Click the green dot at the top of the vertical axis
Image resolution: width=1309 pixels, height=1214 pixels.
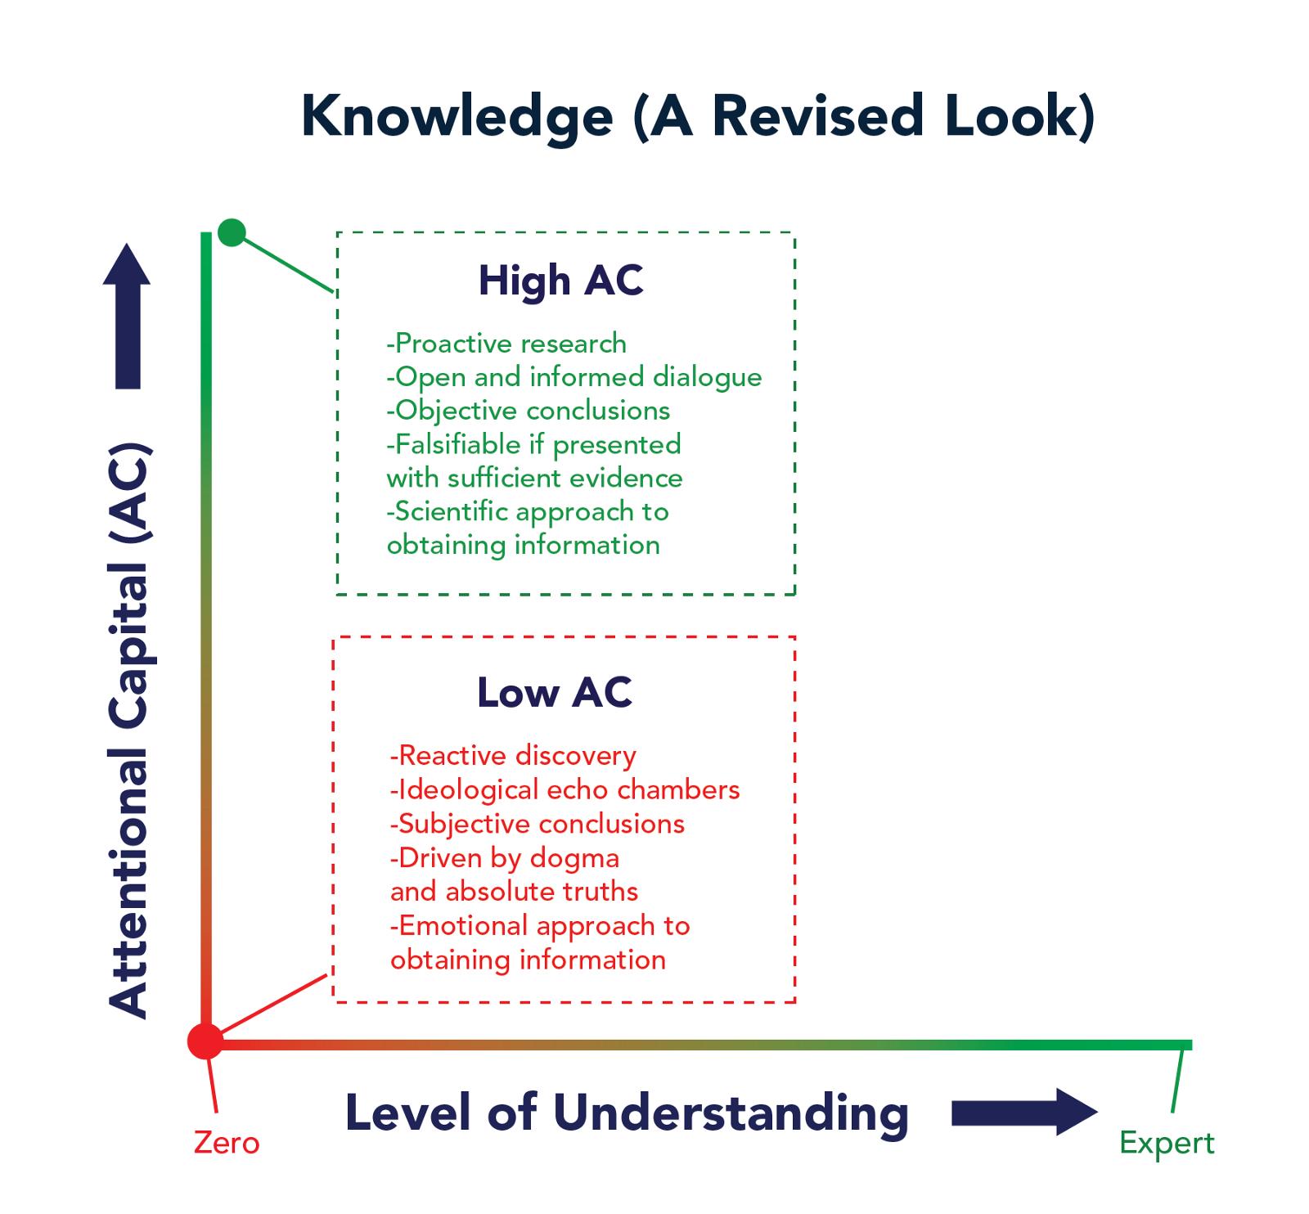[232, 232]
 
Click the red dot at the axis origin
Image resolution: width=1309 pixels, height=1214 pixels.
[205, 1041]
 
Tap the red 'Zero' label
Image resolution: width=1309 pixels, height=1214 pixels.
[227, 1142]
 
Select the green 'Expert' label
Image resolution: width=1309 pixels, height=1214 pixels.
[1167, 1144]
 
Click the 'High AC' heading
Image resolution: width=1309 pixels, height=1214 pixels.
[560, 281]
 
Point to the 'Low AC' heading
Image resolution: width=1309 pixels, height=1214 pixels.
[555, 692]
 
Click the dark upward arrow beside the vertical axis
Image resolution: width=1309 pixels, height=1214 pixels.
[127, 316]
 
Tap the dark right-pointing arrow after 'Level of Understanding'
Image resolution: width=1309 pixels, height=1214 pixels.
[1024, 1112]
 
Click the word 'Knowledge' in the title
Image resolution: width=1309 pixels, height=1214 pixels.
[457, 117]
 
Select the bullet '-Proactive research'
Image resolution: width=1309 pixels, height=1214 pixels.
[506, 344]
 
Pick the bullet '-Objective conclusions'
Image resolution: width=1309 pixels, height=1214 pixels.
[529, 411]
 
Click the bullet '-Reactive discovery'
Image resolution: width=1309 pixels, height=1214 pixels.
[513, 756]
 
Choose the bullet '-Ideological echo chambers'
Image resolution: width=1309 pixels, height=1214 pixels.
[565, 789]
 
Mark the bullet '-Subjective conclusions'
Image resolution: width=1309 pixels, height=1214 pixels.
[538, 824]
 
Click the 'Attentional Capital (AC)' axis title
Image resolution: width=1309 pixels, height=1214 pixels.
[129, 731]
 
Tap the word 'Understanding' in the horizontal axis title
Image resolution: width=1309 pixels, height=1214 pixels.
[731, 1113]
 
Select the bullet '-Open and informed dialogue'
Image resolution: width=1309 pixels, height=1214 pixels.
[574, 377]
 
